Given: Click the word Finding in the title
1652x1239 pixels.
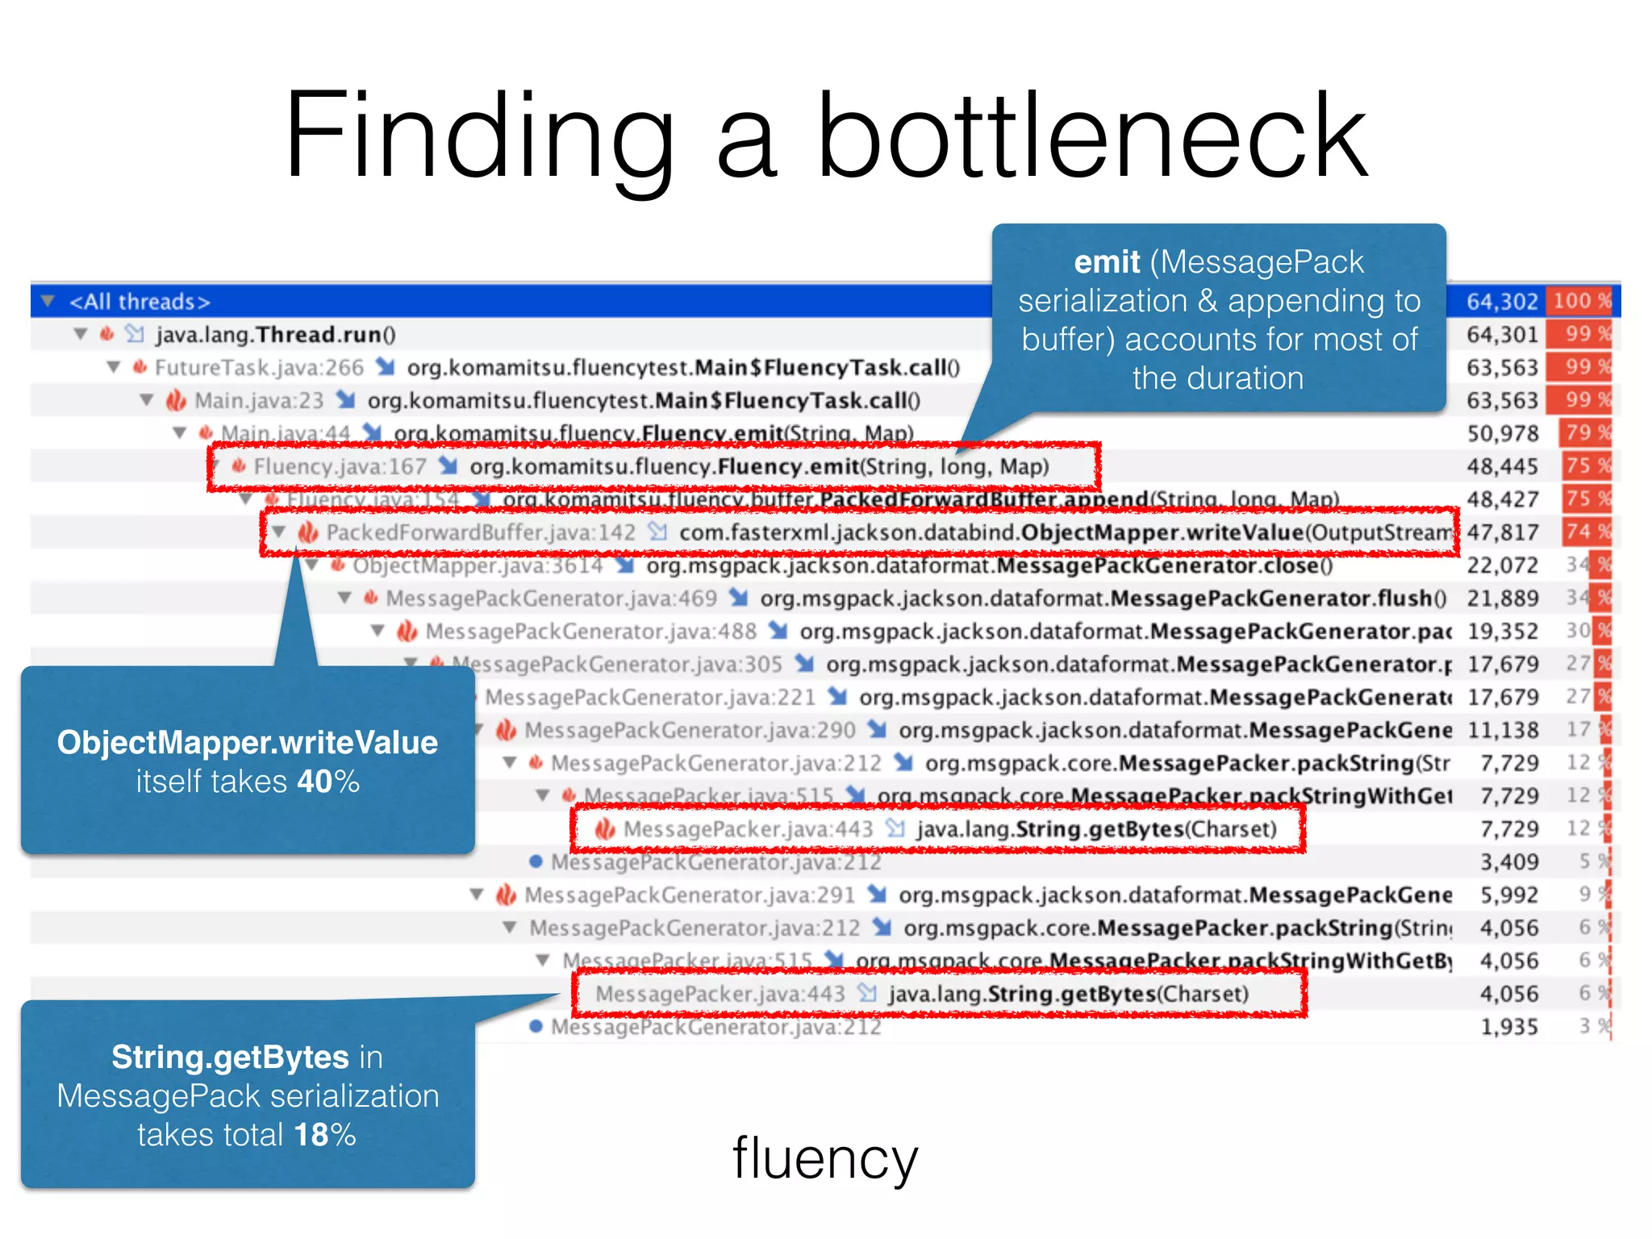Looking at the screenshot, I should coord(479,137).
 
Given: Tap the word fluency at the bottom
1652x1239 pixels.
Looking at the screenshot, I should coord(824,1158).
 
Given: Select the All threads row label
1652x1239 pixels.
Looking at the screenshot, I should coord(140,302).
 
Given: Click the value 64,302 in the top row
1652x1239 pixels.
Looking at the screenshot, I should coord(1502,302).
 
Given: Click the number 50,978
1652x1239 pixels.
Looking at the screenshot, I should coord(1502,434).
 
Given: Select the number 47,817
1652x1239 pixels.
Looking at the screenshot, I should coord(1502,532).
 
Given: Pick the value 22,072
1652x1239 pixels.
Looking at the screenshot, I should coord(1502,565).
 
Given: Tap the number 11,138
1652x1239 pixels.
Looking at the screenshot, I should coord(1502,730).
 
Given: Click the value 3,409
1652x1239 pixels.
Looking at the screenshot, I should coord(1508,862).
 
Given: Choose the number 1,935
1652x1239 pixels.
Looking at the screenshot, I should coord(1508,1027).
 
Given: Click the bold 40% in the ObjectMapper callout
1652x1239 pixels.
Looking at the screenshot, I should coord(327,781).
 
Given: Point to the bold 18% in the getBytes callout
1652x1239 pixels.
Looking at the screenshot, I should coord(324,1134).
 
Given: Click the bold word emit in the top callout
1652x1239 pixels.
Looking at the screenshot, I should coord(1107,262).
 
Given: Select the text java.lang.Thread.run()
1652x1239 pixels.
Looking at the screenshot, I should coord(275,335).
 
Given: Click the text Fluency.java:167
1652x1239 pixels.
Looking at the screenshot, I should coord(340,467).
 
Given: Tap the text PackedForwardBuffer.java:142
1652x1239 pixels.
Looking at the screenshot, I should coord(481,532).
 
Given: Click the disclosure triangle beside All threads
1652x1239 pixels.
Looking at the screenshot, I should coord(48,302).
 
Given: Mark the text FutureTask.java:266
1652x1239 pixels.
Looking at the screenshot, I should coord(259,368).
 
